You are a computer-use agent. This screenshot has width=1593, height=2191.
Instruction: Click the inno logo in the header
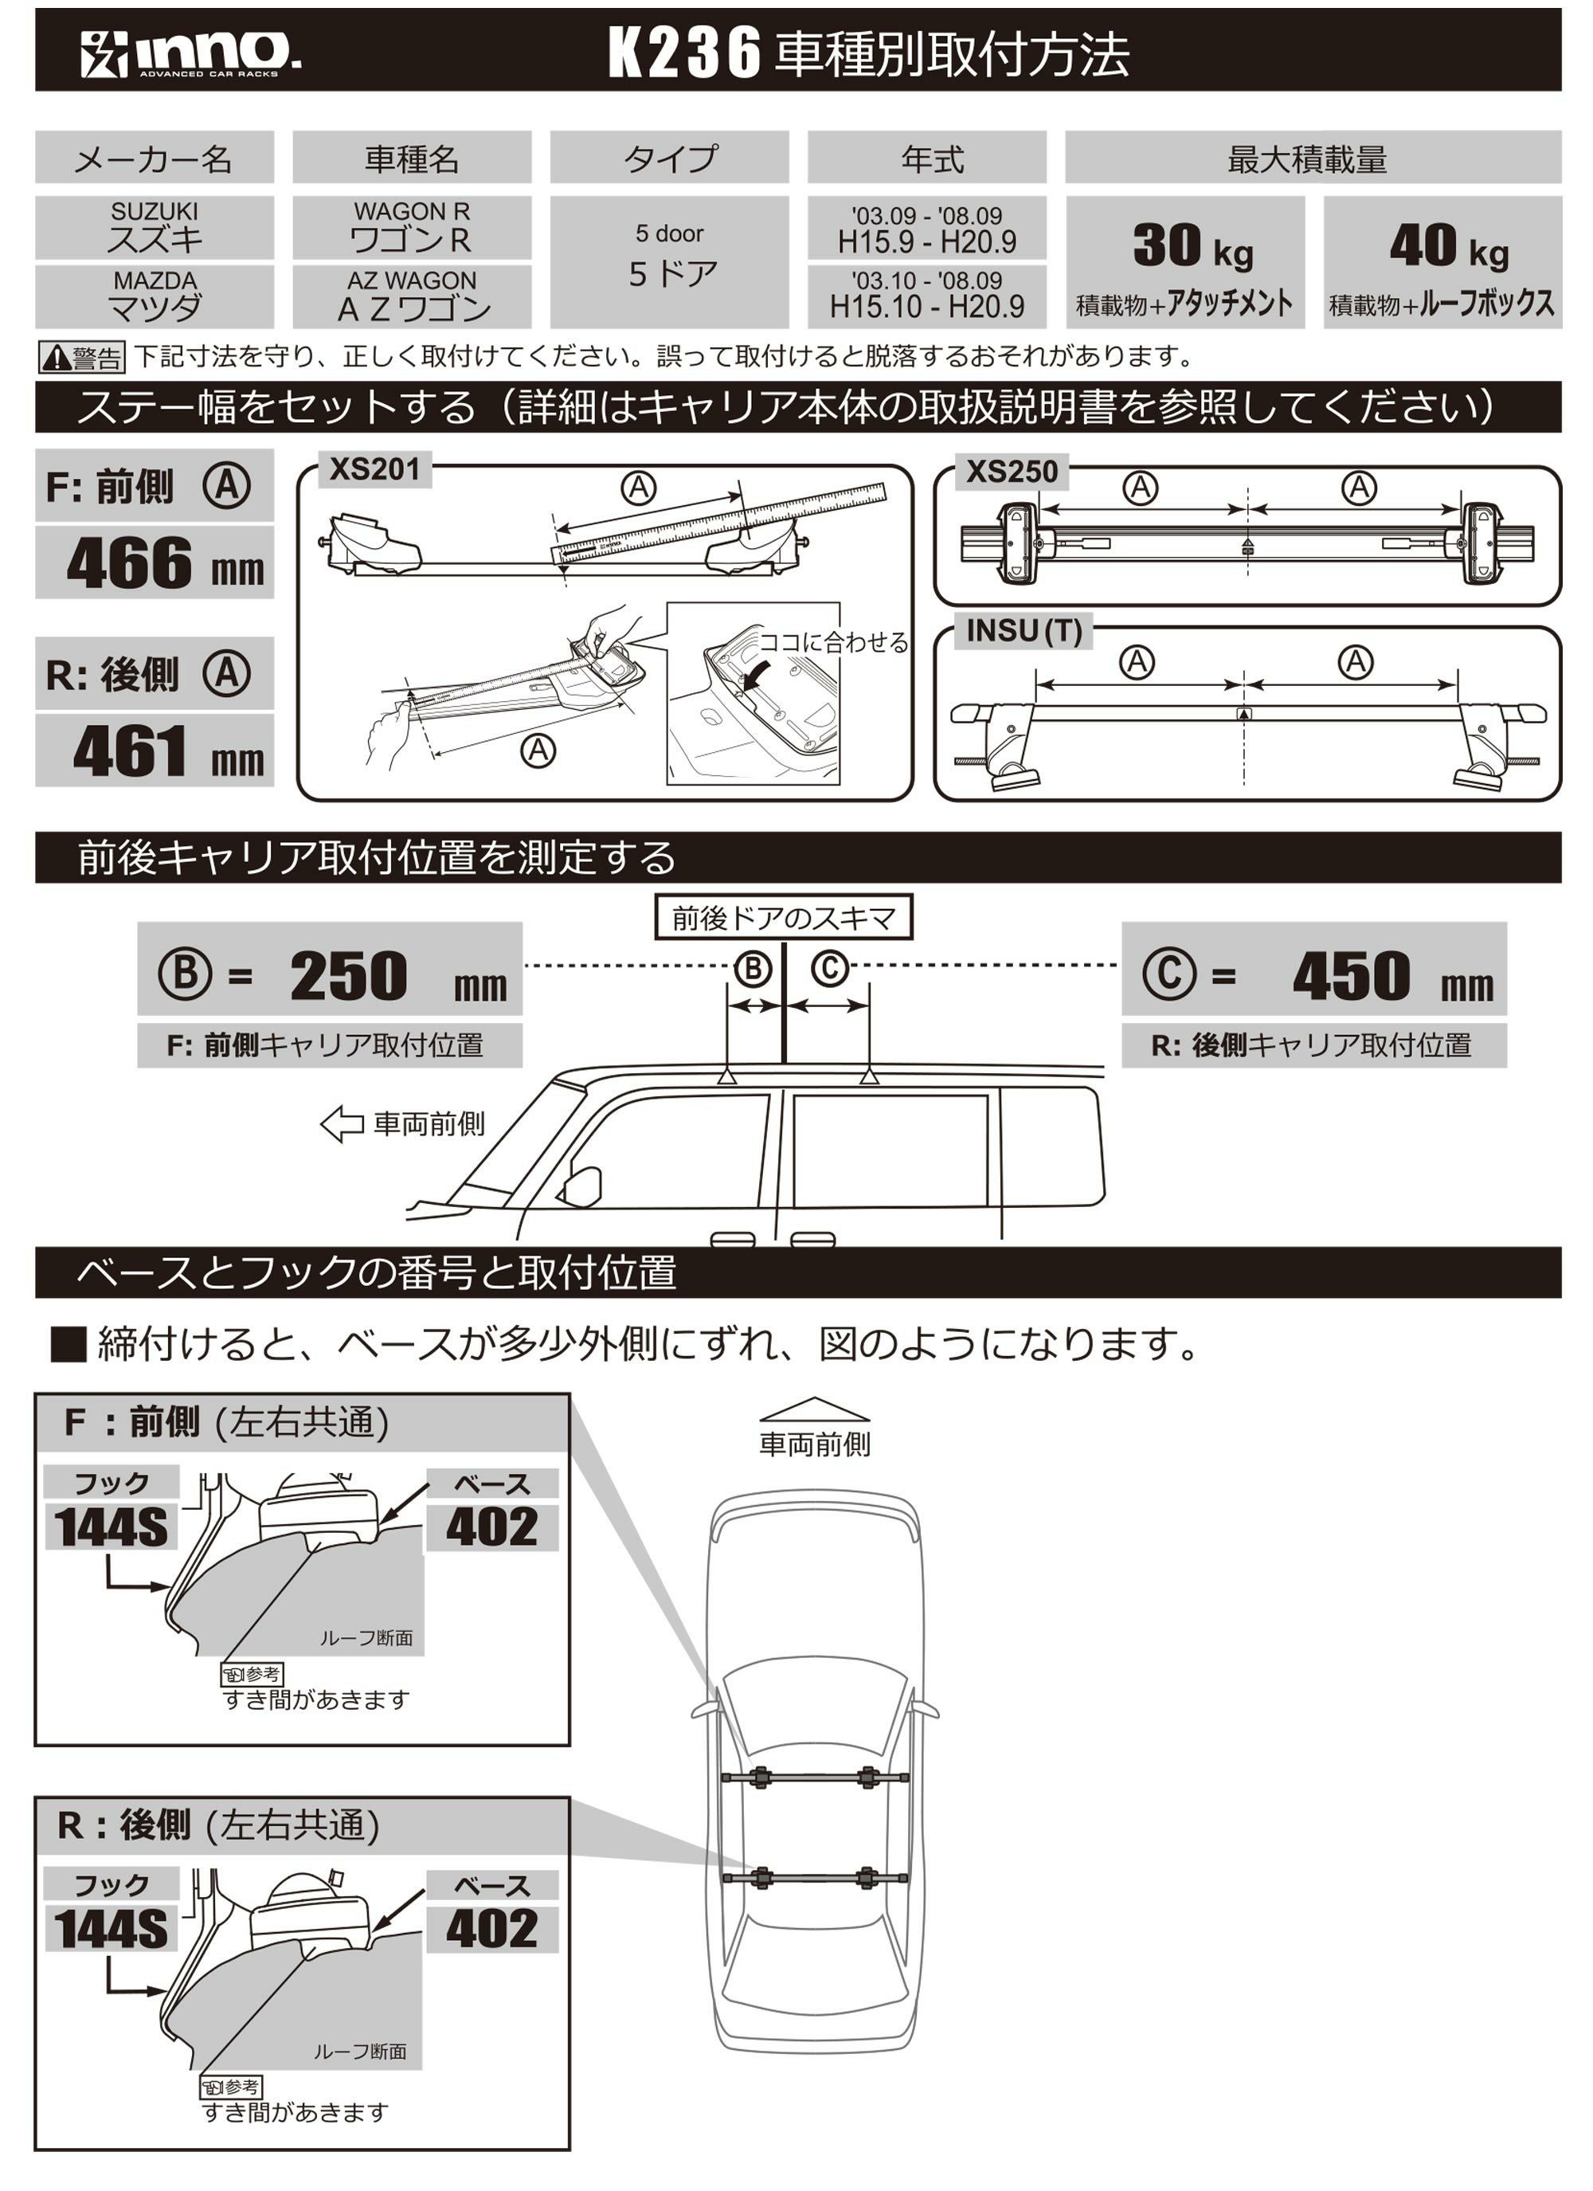[190, 53]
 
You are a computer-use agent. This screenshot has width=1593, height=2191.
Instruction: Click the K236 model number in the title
[684, 54]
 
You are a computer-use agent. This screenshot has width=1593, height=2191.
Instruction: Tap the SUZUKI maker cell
[155, 227]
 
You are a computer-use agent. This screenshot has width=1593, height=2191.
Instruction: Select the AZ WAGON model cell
[412, 296]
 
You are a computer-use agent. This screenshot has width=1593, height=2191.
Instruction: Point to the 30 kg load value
[1191, 246]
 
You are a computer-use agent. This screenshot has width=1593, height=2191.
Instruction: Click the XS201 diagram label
[375, 469]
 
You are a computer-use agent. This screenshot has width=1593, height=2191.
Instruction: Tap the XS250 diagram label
[1012, 472]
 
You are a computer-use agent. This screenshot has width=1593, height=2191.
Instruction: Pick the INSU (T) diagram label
[1023, 631]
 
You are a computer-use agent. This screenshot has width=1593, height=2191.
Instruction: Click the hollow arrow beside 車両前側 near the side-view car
[342, 1123]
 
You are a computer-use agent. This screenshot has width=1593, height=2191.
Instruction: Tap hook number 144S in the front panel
[110, 1527]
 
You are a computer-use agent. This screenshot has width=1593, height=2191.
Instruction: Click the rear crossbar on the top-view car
[814, 1878]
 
